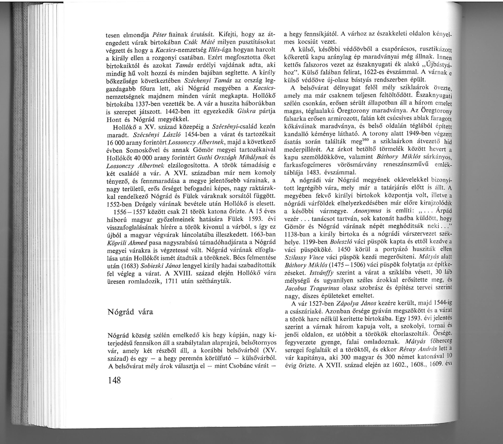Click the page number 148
click(114, 380)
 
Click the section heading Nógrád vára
click(130, 312)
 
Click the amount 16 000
click(117, 143)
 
